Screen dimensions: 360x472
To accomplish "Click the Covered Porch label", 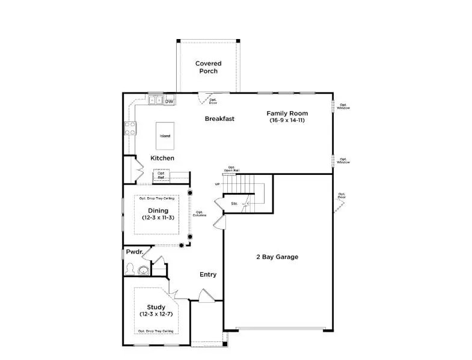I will [x=208, y=67].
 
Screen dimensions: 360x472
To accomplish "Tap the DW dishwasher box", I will [x=170, y=101].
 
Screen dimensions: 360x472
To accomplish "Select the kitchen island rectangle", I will [x=165, y=136].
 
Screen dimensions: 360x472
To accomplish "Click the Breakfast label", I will [x=219, y=118].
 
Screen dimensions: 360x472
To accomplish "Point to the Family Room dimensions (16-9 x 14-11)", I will [x=287, y=121].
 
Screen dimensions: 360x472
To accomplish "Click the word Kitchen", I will [x=162, y=158].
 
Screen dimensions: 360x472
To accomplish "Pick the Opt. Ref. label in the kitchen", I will [x=161, y=175].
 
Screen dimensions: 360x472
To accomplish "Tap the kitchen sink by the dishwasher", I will [x=155, y=100].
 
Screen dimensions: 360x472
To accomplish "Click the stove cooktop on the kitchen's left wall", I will [x=129, y=127].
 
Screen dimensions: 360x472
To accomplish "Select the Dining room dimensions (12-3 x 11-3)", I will [x=158, y=218].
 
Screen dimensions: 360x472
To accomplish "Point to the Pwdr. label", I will [x=134, y=252].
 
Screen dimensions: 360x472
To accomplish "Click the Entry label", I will [x=208, y=275].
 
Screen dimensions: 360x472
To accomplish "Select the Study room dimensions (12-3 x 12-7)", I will [x=156, y=315].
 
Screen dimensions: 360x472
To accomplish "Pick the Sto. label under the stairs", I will [x=234, y=204].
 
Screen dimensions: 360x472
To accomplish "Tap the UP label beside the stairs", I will [x=218, y=184].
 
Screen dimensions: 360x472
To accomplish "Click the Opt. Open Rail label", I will [x=231, y=169].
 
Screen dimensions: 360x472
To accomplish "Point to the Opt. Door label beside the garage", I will [x=342, y=195].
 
